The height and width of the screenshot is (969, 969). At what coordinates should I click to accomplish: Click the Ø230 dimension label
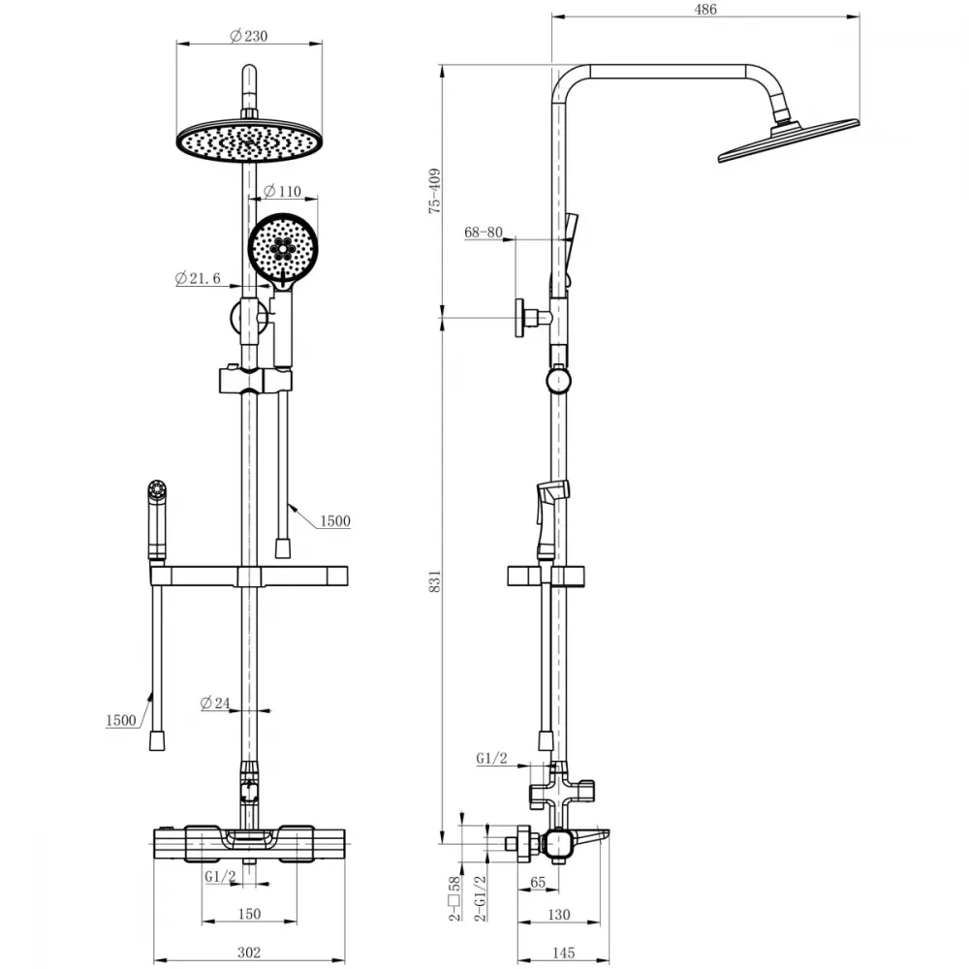click(249, 37)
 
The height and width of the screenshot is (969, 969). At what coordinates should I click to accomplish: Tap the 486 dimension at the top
click(705, 10)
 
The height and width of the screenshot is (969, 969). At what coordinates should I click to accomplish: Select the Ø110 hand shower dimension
click(282, 192)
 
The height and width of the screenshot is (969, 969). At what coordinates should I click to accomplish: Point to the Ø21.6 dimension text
click(198, 279)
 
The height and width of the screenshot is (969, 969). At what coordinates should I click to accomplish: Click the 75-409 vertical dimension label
click(435, 191)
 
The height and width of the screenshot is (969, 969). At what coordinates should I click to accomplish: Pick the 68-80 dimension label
click(484, 233)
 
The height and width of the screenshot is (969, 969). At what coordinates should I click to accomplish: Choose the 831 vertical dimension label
click(435, 581)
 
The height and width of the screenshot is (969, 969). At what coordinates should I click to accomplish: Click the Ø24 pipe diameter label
click(215, 703)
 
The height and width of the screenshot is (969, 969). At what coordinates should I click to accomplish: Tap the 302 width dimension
click(249, 953)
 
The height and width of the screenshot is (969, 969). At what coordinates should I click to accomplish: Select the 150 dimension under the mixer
click(249, 914)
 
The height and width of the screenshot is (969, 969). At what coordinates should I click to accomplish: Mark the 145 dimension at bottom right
click(563, 953)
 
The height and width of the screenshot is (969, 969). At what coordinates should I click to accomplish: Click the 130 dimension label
click(559, 914)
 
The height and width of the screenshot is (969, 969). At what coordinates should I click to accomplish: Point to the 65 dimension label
click(538, 883)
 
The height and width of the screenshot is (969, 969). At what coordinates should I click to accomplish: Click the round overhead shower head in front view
click(250, 140)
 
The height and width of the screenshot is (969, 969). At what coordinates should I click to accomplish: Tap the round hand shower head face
click(283, 247)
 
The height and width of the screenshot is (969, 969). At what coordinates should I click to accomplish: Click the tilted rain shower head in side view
click(789, 141)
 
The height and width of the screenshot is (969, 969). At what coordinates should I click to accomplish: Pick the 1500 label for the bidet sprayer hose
click(121, 721)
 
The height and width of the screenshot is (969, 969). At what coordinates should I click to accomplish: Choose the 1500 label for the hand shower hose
click(335, 521)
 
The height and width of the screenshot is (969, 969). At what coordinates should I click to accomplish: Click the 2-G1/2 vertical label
click(480, 898)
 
